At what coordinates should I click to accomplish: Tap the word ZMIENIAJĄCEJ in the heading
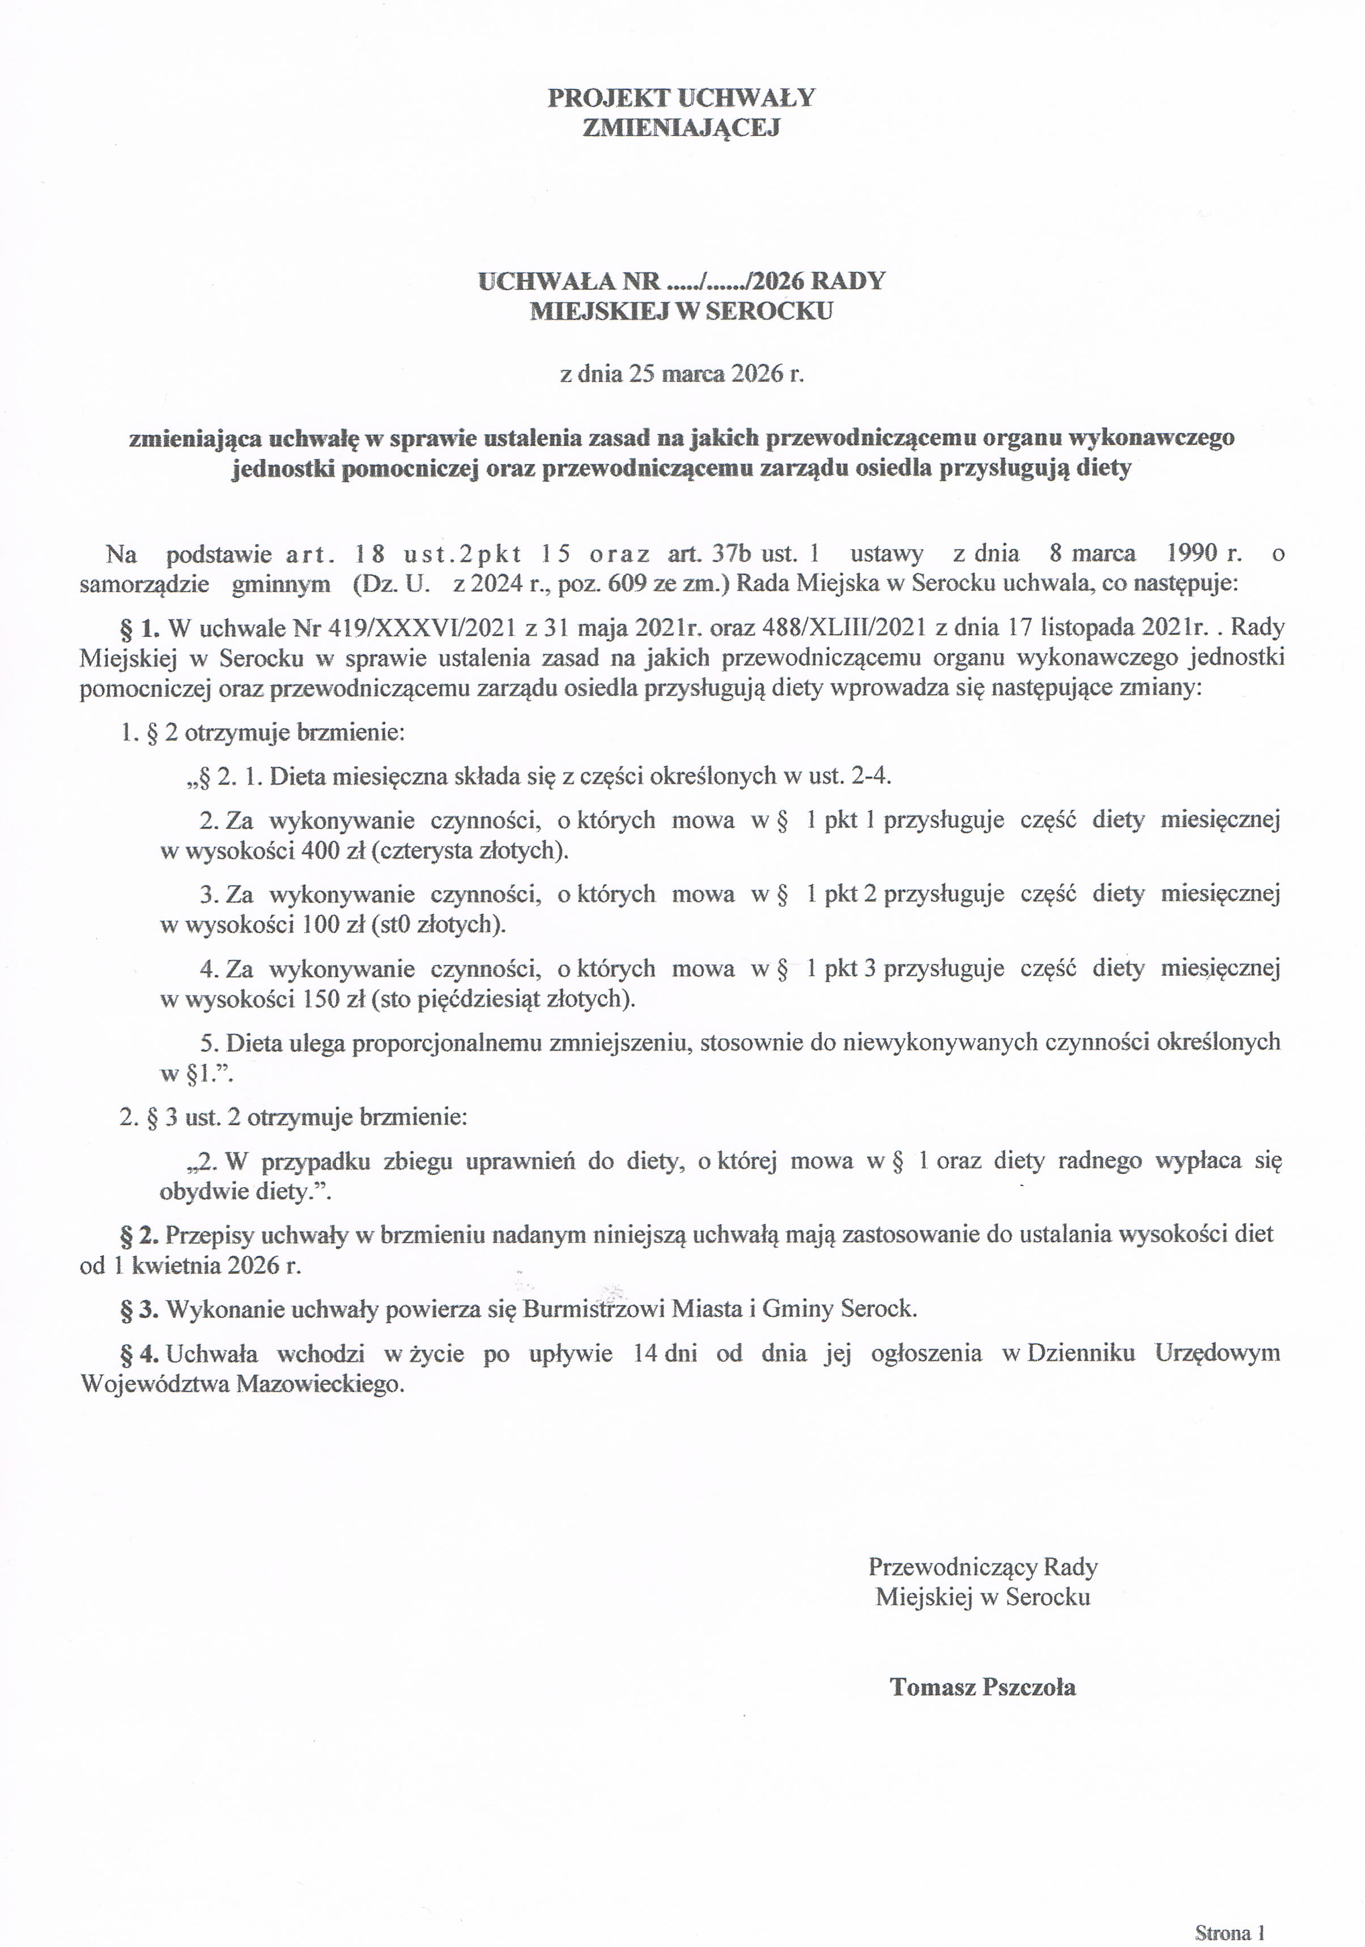(682, 128)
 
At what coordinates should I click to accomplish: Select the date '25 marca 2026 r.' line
(682, 374)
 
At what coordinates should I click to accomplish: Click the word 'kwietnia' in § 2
(171, 1265)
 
